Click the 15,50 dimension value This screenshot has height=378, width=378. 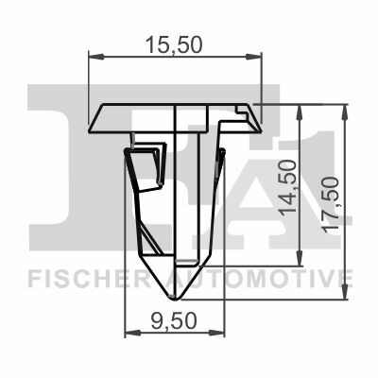pyautogui.click(x=174, y=44)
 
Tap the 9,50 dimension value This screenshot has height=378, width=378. pyautogui.click(x=174, y=321)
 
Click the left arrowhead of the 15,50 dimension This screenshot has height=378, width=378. pyautogui.click(x=96, y=57)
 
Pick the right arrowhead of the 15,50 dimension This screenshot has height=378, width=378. pyautogui.click(x=253, y=57)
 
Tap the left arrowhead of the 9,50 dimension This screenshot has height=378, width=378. pyautogui.click(x=132, y=332)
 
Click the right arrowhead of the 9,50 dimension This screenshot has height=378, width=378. pyautogui.click(x=216, y=332)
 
